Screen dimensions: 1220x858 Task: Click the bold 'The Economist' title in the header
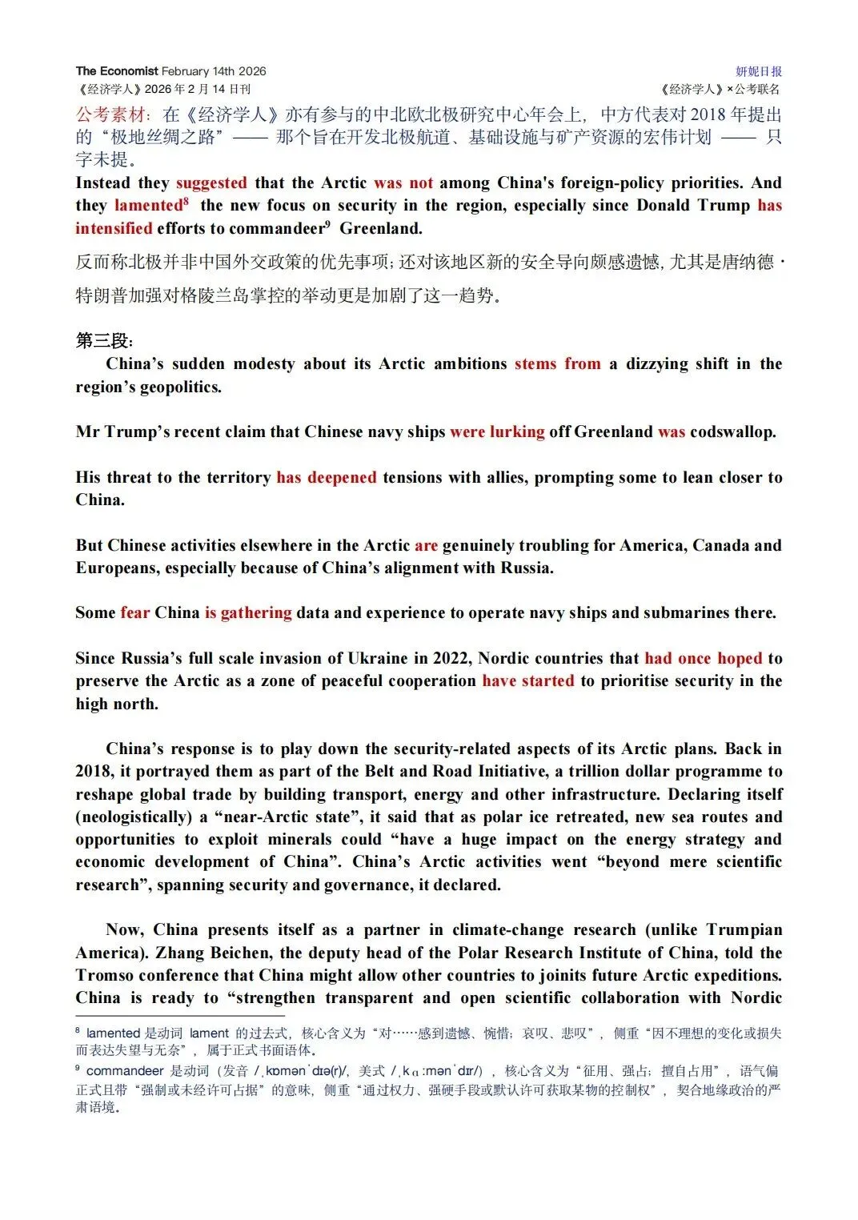117,71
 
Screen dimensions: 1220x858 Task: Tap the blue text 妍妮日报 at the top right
758,71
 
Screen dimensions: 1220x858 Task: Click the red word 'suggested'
211,183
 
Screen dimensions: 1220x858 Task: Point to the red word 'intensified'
114,228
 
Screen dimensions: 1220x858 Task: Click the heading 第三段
103,341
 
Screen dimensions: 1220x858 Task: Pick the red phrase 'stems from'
557,363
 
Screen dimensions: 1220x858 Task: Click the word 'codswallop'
732,431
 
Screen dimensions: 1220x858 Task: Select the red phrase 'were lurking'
497,431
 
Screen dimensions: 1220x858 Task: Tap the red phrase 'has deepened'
326,477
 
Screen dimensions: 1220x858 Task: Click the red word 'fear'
135,612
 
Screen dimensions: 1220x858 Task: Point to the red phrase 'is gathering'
248,612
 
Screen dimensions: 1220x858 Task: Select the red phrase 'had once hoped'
703,658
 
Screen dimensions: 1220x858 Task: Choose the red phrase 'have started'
527,680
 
